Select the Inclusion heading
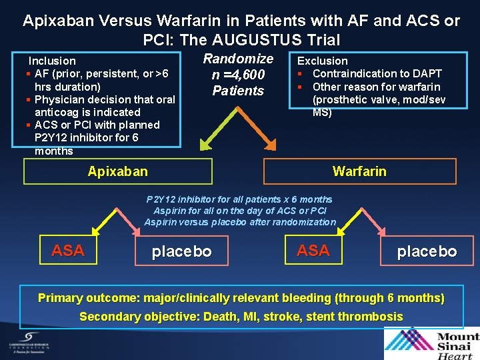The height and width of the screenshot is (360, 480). tap(52, 61)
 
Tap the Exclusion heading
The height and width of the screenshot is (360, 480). tap(322, 61)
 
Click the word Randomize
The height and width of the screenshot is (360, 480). tap(238, 59)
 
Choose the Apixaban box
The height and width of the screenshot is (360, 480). tap(118, 171)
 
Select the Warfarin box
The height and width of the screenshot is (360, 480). tap(359, 171)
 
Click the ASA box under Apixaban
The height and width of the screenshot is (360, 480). tap(68, 251)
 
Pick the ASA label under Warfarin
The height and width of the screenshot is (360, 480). tap(313, 251)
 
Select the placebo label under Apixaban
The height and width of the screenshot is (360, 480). tap(182, 251)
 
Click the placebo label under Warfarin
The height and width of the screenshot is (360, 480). tap(427, 251)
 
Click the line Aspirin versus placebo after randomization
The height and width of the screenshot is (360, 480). tap(240, 222)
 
